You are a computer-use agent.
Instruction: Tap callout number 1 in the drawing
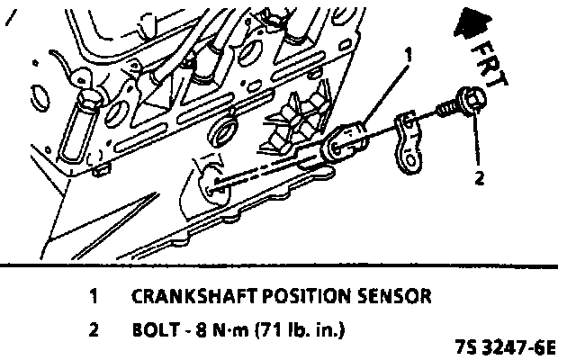tap(407, 57)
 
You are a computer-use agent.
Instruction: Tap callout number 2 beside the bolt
tap(480, 178)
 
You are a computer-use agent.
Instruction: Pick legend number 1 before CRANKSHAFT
tap(94, 295)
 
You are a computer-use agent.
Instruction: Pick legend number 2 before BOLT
tap(94, 329)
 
